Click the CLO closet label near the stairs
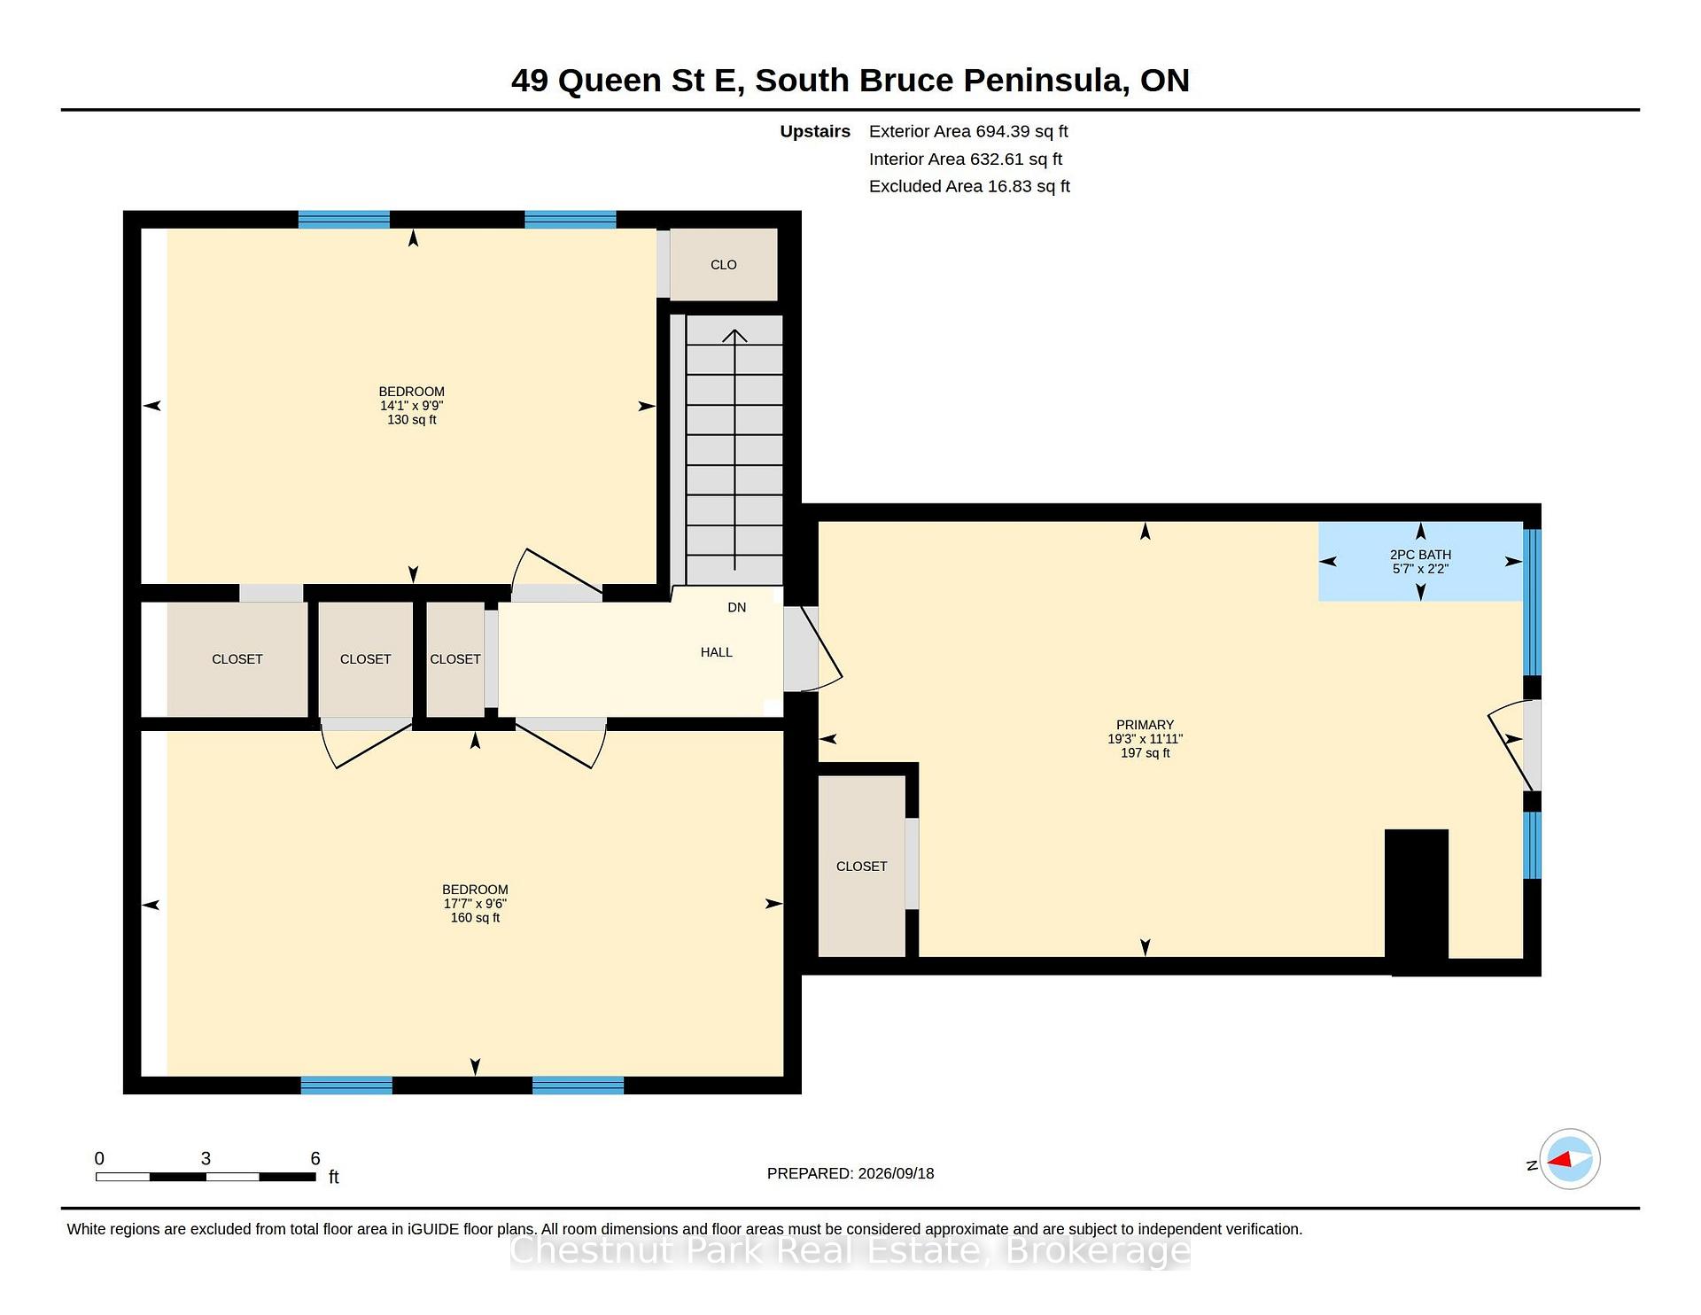(723, 265)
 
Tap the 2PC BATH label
(1420, 555)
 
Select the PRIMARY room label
(1145, 725)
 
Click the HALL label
(716, 652)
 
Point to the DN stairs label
(736, 607)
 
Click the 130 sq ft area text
(411, 420)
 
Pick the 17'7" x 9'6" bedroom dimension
(475, 904)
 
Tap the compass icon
(1569, 1159)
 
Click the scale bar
(206, 1177)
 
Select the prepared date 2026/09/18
(896, 1173)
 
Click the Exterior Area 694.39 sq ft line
(968, 131)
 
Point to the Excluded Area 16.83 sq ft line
(969, 186)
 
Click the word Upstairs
(815, 132)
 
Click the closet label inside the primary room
(861, 867)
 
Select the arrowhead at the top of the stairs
(734, 335)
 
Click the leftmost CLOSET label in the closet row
(237, 659)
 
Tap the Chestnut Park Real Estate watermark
(850, 1250)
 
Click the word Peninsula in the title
(1045, 81)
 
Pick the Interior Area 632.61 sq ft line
(966, 159)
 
